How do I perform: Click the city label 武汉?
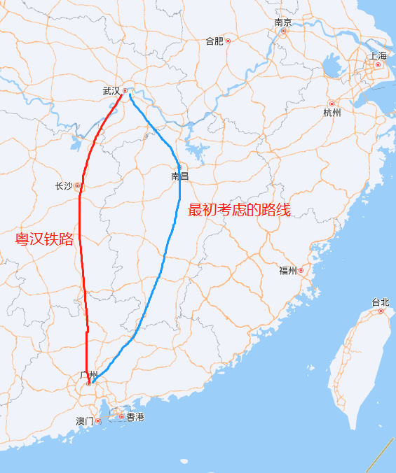pyautogui.click(x=111, y=91)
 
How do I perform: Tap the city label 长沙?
pyautogui.click(x=63, y=186)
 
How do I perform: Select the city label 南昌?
pyautogui.click(x=180, y=176)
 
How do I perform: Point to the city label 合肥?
pyautogui.click(x=214, y=41)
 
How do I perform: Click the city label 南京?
pyautogui.click(x=283, y=22)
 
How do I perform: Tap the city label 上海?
pyautogui.click(x=378, y=55)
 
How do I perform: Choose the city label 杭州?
pyautogui.click(x=332, y=113)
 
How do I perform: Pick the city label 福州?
pyautogui.click(x=288, y=271)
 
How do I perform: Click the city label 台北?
pyautogui.click(x=381, y=302)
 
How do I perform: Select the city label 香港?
pyautogui.click(x=135, y=417)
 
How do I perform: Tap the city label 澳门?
pyautogui.click(x=85, y=421)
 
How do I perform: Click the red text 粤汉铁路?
pyautogui.click(x=45, y=239)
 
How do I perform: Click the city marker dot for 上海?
pyautogui.click(x=378, y=64)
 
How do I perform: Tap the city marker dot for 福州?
pyautogui.click(x=301, y=270)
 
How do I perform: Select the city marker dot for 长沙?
pyautogui.click(x=78, y=186)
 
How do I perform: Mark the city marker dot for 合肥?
pyautogui.click(x=228, y=41)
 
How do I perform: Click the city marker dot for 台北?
pyautogui.click(x=381, y=311)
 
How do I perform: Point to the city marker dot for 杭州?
pyautogui.click(x=332, y=104)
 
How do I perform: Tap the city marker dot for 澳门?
pyautogui.click(x=98, y=421)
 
